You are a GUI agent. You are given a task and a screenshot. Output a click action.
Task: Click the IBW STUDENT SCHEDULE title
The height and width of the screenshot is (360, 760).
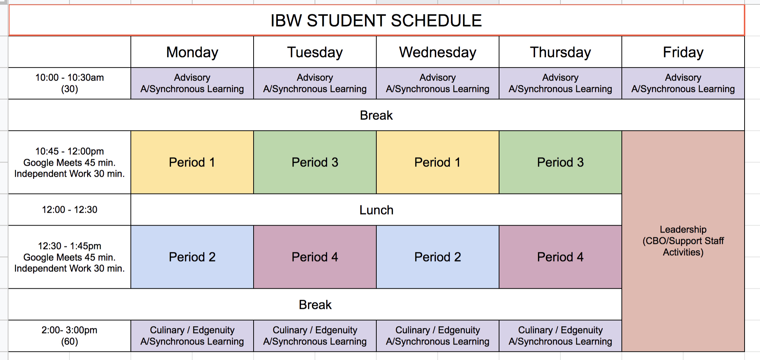coord(376,21)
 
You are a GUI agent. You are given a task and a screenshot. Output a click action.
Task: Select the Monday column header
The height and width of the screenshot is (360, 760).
coord(192,52)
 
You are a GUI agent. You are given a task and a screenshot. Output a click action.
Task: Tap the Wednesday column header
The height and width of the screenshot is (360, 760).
coord(438,52)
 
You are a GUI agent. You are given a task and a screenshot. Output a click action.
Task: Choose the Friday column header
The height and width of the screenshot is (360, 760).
coord(683,52)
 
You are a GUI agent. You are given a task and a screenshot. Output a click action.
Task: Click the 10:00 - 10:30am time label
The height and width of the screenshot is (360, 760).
coord(69,83)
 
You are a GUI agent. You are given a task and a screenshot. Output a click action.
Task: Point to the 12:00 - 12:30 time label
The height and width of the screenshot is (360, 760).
coord(69,210)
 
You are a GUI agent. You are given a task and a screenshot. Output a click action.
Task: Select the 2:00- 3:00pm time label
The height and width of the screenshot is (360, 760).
coord(69,336)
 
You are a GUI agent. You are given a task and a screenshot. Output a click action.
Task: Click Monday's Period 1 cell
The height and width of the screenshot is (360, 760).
coord(192,162)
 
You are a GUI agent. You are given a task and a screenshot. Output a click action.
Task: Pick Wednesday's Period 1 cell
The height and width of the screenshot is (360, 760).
coord(438,162)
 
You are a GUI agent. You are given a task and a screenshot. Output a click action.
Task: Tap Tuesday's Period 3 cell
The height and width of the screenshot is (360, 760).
coord(315,162)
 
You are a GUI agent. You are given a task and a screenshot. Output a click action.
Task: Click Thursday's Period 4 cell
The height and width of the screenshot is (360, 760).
coord(560,257)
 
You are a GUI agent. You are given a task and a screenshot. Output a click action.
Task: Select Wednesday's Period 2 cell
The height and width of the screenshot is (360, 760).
coord(438,257)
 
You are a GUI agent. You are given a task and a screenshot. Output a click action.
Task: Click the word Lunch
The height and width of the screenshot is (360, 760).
coord(376,210)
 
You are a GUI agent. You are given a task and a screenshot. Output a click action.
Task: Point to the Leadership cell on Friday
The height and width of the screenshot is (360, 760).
coord(683,241)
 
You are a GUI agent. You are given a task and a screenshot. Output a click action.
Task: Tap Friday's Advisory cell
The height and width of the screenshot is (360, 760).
coord(683,83)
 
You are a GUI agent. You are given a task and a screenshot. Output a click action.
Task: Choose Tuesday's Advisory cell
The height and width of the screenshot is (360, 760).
coord(315,83)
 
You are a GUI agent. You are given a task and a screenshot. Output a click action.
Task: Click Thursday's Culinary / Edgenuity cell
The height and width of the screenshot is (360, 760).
coord(560,336)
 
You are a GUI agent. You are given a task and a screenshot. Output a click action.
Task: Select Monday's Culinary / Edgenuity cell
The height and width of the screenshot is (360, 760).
coord(192,336)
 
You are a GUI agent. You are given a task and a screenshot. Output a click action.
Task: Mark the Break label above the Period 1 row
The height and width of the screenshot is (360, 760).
coord(376,115)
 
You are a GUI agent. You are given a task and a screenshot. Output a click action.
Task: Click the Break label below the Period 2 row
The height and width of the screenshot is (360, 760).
coord(315,305)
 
